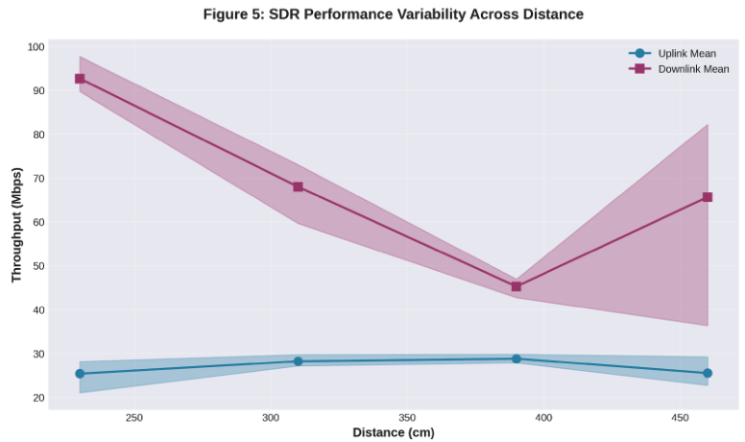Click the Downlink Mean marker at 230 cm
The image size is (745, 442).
click(x=80, y=79)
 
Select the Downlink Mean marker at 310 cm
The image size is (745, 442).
click(x=298, y=186)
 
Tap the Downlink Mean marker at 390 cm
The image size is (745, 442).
click(x=517, y=286)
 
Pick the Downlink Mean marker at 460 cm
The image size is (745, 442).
click(x=708, y=197)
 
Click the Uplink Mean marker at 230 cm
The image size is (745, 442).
click(x=80, y=374)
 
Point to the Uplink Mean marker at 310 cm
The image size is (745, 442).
click(x=298, y=361)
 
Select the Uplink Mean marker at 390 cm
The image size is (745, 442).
click(x=517, y=358)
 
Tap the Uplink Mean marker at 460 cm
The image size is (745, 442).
click(x=708, y=373)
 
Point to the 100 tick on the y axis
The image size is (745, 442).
click(x=36, y=47)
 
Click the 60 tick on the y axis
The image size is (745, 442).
click(x=36, y=222)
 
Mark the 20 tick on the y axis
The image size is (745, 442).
click(x=36, y=398)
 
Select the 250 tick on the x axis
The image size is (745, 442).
click(x=134, y=418)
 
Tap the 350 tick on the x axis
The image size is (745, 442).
click(x=407, y=418)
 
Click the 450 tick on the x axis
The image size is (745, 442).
click(x=680, y=418)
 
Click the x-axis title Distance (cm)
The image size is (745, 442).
click(x=394, y=433)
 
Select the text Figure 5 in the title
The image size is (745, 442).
click(x=229, y=14)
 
